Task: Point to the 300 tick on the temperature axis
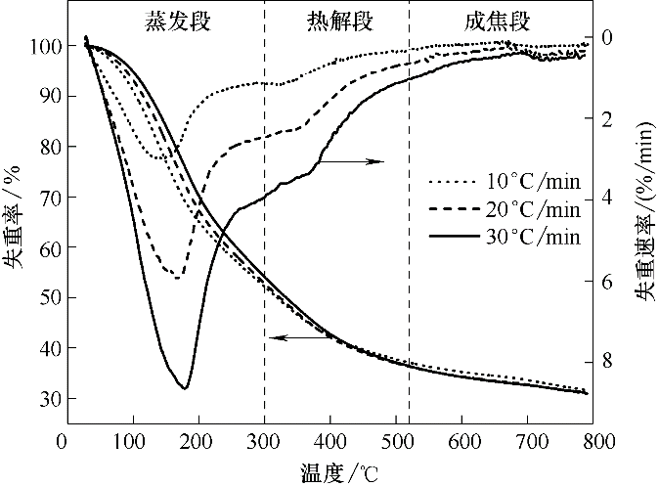click(264, 441)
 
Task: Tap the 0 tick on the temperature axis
click(66, 441)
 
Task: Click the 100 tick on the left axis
click(43, 46)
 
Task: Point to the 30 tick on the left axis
click(47, 399)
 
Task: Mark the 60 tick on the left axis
click(47, 247)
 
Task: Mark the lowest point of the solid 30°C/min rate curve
click(184, 389)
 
